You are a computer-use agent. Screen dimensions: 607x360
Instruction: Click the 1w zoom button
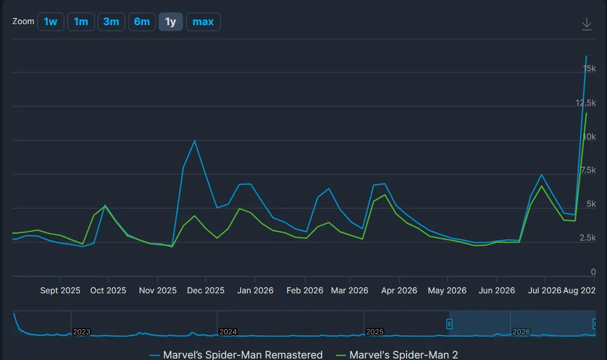coord(51,22)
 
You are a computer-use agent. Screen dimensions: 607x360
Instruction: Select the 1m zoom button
coord(81,22)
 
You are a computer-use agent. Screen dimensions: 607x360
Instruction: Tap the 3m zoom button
coord(111,22)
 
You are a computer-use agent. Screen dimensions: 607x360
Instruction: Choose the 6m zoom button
coord(142,22)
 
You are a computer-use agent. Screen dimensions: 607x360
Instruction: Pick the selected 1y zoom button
coord(171,22)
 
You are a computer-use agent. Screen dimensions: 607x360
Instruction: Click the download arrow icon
coord(587,24)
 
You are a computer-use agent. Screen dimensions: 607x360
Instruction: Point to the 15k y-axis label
coord(589,69)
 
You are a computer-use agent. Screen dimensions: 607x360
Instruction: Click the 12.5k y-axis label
coord(585,103)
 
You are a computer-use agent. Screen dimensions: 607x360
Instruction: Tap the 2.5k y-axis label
coord(588,237)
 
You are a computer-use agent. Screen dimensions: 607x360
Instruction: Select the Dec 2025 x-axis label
coord(206,290)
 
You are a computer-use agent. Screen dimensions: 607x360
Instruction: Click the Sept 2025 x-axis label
coord(60,290)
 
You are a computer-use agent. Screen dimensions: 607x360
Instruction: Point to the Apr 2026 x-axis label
coord(399,290)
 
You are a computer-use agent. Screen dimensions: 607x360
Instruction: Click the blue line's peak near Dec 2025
coord(194,141)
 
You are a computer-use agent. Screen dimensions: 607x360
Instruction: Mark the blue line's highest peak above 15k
coord(586,56)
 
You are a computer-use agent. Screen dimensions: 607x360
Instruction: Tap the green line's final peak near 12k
coord(586,113)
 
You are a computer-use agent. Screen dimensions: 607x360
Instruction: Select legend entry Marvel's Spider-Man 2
coord(397,354)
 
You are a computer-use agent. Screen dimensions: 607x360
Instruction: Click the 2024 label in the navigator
coord(228,332)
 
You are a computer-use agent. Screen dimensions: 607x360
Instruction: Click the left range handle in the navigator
coord(449,324)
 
